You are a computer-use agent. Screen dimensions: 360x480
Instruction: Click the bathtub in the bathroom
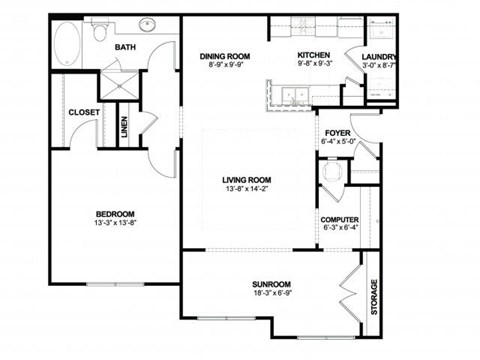tap(67, 43)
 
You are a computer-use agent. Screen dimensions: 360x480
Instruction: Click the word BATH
tap(127, 46)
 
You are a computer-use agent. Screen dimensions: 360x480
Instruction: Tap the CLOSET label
tap(84, 112)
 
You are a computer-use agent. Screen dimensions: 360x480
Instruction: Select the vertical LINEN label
tap(125, 127)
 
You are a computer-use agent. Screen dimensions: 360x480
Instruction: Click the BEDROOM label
tap(115, 214)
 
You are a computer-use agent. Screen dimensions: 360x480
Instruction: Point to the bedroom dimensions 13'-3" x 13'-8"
tap(115, 224)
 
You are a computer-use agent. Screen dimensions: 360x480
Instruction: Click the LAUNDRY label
tap(380, 57)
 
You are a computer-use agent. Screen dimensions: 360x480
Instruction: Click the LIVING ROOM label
tap(248, 180)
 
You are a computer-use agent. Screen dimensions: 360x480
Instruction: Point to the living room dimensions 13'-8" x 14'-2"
tap(248, 190)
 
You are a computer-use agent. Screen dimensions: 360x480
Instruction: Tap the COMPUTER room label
tap(340, 219)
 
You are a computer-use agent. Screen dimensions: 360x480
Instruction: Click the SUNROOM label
tap(271, 284)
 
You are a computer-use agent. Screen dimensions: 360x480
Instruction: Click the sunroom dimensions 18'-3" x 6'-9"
tap(271, 294)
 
